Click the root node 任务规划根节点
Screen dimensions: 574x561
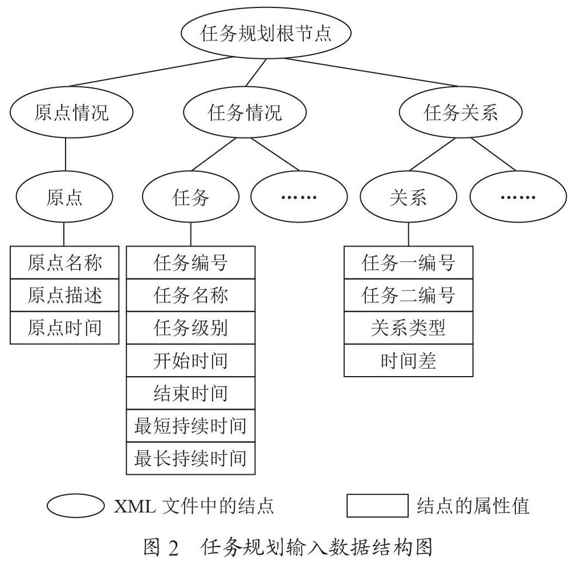[x=266, y=33]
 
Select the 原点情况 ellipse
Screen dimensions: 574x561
[x=71, y=112]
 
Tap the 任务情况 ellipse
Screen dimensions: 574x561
[x=245, y=112]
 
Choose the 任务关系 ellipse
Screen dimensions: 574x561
[x=461, y=112]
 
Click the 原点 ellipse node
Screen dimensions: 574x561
[x=64, y=197]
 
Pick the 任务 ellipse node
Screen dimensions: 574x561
[x=191, y=197]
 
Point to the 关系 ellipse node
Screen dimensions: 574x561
[x=409, y=197]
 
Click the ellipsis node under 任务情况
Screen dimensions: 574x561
[x=299, y=197]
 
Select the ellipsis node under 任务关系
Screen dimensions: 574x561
[x=518, y=197]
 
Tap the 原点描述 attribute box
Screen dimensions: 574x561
[x=64, y=295]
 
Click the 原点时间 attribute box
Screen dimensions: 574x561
[x=64, y=328]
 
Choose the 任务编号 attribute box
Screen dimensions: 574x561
[x=191, y=263]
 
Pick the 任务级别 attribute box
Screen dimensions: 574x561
[x=191, y=328]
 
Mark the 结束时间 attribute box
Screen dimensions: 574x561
[x=191, y=393]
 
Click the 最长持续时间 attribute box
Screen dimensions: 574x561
[x=191, y=458]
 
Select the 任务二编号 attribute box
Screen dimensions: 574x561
[x=409, y=295]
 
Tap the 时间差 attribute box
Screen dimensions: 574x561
[x=409, y=360]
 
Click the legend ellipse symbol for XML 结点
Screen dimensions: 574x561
[x=75, y=506]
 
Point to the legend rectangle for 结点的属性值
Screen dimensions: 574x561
[x=377, y=506]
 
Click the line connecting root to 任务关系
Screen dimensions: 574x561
[x=372, y=72]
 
